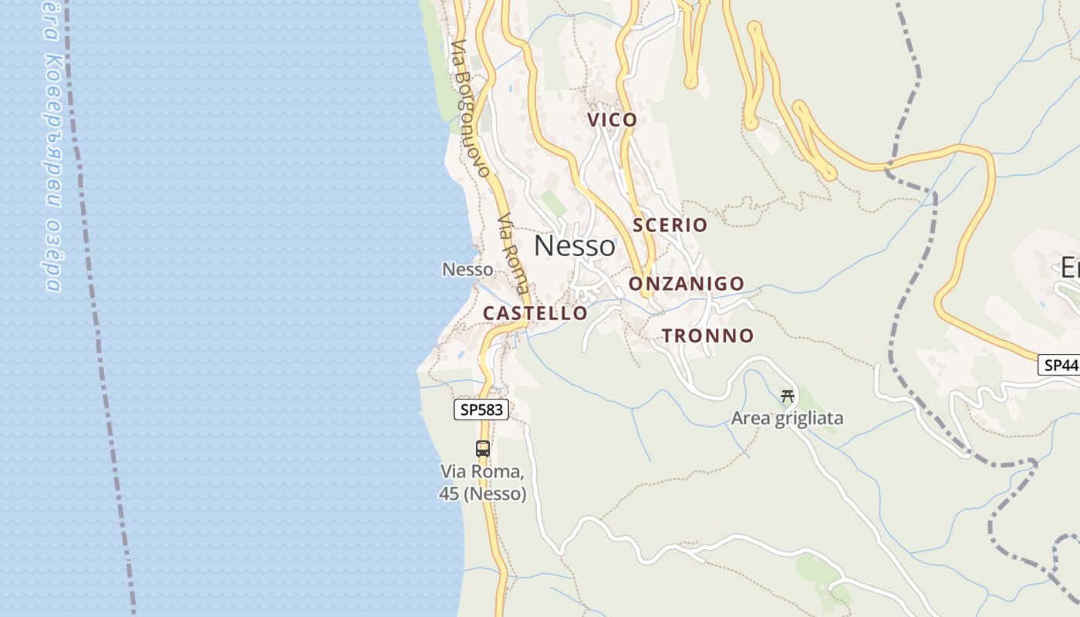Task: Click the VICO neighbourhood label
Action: click(x=613, y=120)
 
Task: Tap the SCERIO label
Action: click(x=670, y=225)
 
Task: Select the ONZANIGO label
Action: click(x=687, y=284)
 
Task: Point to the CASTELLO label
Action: click(x=535, y=313)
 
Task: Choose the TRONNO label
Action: click(x=707, y=335)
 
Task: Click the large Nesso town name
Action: click(x=575, y=246)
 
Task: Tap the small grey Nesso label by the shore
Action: click(x=467, y=270)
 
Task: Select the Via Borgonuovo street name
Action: click(x=471, y=108)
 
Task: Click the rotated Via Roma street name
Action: click(x=514, y=253)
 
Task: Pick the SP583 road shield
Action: click(x=481, y=410)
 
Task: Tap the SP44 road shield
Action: click(x=1059, y=365)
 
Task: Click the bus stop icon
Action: click(x=483, y=448)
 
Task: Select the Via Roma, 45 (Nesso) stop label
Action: click(x=483, y=482)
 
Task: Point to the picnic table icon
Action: click(x=788, y=396)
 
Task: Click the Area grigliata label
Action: click(x=788, y=419)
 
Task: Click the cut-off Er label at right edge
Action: click(x=1070, y=268)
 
